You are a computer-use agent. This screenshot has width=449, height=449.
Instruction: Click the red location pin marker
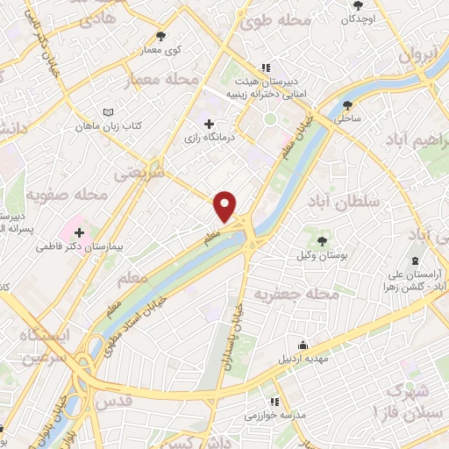[226, 206]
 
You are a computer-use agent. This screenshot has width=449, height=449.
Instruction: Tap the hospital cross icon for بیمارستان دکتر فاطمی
[80, 233]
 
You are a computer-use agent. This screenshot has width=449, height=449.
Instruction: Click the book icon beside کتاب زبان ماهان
[108, 113]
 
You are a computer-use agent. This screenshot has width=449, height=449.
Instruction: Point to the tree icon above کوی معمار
[160, 36]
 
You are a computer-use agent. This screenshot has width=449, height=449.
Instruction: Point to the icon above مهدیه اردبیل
[303, 345]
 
